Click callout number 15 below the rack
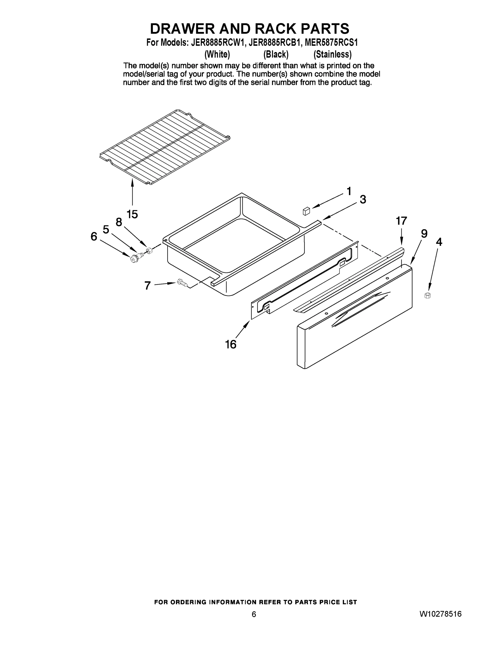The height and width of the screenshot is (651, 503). (132, 214)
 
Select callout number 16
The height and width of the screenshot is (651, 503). (231, 344)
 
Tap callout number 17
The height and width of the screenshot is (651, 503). (401, 221)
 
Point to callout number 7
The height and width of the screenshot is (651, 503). (148, 286)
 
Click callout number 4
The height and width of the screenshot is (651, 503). (439, 242)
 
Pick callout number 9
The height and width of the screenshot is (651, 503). (424, 234)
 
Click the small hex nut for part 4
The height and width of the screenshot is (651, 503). (427, 295)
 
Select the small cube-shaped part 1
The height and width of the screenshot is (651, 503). (306, 211)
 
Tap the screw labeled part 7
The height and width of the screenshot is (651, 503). (182, 282)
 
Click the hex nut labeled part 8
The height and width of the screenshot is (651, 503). (149, 250)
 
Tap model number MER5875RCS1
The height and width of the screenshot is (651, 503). (329, 43)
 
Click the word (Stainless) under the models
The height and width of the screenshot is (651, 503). (332, 54)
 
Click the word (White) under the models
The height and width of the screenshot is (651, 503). (217, 54)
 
